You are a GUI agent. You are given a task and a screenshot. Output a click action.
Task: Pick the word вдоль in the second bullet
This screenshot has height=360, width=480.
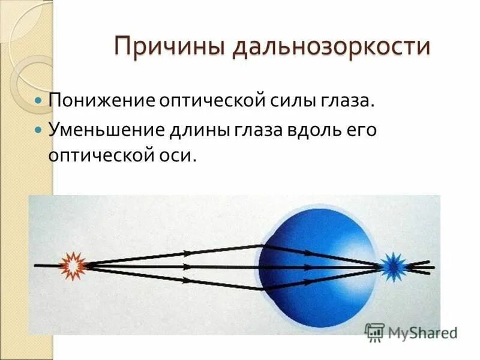(304, 130)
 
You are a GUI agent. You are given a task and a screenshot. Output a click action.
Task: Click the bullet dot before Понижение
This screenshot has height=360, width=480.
(39, 100)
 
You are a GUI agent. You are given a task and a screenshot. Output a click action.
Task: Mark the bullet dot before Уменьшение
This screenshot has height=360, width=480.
(39, 130)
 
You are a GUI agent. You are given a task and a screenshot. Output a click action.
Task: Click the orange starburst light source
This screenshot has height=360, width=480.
(74, 265)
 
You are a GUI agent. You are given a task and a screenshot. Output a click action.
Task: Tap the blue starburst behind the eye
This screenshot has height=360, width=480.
(394, 265)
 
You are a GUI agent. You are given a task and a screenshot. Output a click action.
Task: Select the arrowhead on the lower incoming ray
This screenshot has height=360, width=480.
(187, 279)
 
